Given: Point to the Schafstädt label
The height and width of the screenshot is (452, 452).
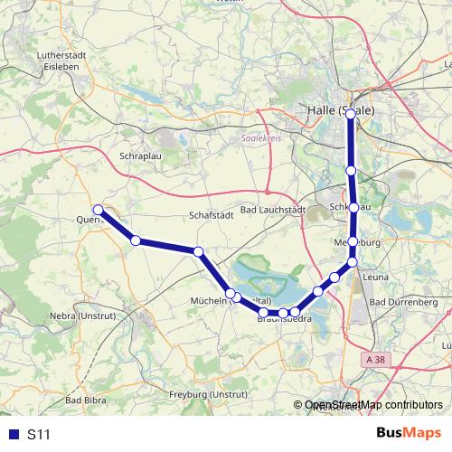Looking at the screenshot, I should point(212,215).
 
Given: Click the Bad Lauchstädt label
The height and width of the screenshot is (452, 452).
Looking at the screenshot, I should point(274,210).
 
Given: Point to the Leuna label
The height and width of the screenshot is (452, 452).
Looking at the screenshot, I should point(374,278).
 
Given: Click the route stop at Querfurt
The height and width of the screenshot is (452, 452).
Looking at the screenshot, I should point(99,211).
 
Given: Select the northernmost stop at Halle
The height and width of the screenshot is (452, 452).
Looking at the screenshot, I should point(351,114).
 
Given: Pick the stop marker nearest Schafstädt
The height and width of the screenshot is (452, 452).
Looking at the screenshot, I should point(198,250).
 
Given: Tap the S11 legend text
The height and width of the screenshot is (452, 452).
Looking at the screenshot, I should point(39,434).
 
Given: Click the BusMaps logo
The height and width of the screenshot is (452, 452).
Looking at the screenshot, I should point(409,433).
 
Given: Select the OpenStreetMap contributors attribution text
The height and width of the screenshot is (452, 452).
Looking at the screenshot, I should point(373,405).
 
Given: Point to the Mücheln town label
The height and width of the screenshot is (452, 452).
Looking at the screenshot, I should point(208,301).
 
